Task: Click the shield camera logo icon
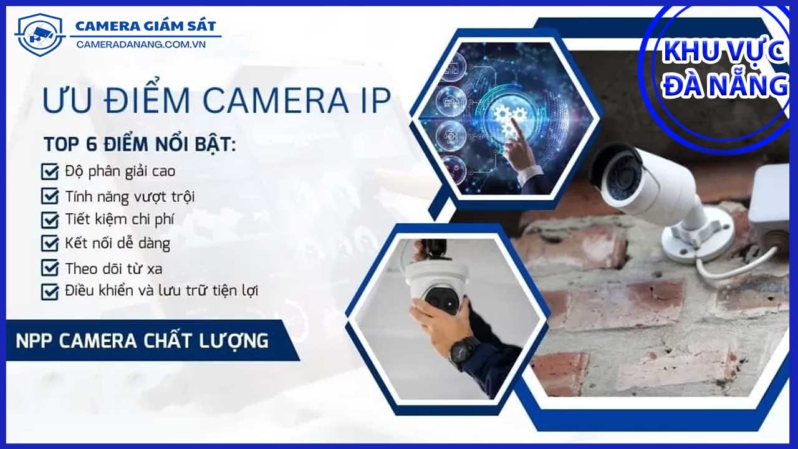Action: point(40,35)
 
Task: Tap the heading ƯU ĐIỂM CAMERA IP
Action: point(217,101)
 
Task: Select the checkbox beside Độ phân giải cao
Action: point(50,171)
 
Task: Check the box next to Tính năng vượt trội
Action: point(50,196)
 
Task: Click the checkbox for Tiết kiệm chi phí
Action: point(50,220)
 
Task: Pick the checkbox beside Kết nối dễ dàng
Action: point(50,243)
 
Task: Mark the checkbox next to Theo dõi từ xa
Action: point(50,268)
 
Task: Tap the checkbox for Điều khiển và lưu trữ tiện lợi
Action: point(50,291)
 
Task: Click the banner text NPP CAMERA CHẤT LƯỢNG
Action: point(142,341)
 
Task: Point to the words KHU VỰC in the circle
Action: point(723,52)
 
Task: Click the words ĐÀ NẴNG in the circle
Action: point(725,86)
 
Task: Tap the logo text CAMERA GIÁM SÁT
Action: point(146,26)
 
